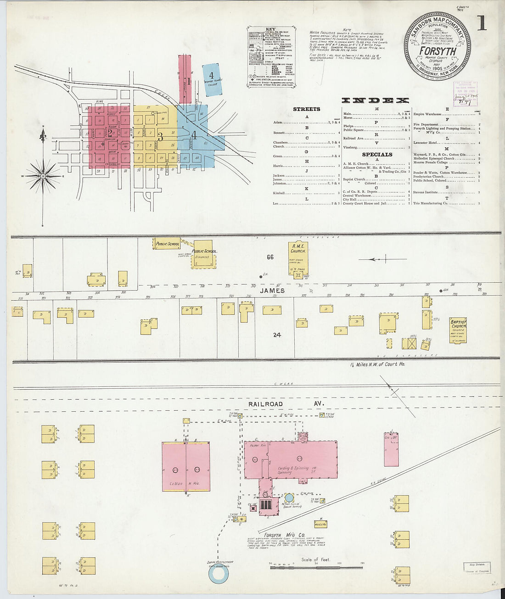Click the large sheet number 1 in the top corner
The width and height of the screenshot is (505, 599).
pyautogui.click(x=481, y=22)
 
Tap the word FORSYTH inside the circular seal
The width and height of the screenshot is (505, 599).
pyautogui.click(x=438, y=51)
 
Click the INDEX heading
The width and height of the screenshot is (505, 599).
pyautogui.click(x=375, y=101)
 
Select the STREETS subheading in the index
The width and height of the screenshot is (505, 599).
pyautogui.click(x=306, y=109)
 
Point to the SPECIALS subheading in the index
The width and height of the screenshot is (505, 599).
pyautogui.click(x=377, y=155)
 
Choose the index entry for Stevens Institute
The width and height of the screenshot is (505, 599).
pyautogui.click(x=425, y=193)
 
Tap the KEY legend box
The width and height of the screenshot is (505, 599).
pyautogui.click(x=271, y=56)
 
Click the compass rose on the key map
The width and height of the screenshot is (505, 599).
pyautogui.click(x=43, y=176)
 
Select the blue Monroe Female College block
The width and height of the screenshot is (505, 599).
pyautogui.click(x=212, y=80)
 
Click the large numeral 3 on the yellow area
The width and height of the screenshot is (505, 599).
pyautogui.click(x=160, y=136)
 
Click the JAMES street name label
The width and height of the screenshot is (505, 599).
pyautogui.click(x=272, y=291)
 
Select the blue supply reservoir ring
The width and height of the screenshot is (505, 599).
pyautogui.click(x=218, y=575)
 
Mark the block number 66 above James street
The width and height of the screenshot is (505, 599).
pyautogui.click(x=270, y=258)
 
